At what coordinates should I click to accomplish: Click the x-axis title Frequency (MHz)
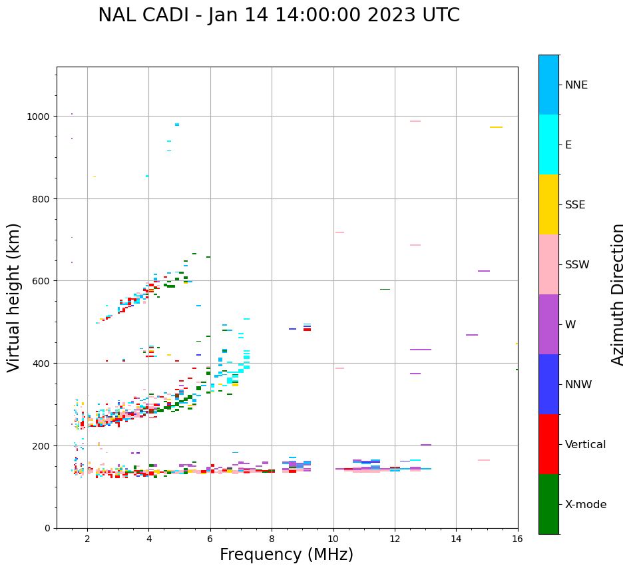click(286, 555)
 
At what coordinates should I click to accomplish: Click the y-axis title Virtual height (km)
click(15, 297)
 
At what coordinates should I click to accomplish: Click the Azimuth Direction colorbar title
click(618, 294)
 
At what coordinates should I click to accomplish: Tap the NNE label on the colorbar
click(576, 85)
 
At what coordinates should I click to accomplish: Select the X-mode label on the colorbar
click(586, 505)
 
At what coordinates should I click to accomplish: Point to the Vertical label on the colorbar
click(585, 445)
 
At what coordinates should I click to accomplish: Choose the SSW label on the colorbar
click(577, 265)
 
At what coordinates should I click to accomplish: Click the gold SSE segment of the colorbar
click(548, 204)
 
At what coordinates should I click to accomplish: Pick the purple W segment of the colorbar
click(548, 324)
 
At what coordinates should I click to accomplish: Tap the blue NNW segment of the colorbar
click(548, 384)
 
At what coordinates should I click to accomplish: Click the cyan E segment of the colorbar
click(548, 144)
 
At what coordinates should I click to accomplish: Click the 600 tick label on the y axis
click(43, 281)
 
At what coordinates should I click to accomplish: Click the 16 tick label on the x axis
click(517, 539)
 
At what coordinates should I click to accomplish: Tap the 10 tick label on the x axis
click(333, 539)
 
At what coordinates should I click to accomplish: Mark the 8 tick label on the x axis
click(272, 539)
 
